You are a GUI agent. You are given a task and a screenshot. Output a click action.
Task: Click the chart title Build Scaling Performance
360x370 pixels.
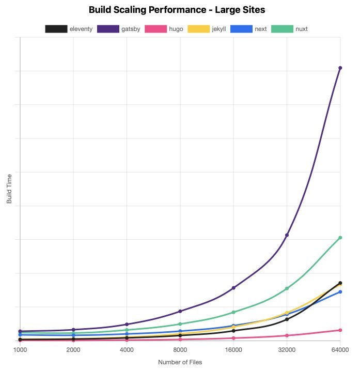click(x=180, y=10)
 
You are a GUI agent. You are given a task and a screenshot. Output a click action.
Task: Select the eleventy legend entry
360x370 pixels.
click(x=69, y=29)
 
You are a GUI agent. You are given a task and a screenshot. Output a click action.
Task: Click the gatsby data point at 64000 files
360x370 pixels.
click(x=340, y=68)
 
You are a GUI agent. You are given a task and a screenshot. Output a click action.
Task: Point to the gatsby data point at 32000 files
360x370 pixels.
click(x=287, y=235)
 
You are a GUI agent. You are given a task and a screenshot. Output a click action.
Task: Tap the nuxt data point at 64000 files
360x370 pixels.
click(x=340, y=238)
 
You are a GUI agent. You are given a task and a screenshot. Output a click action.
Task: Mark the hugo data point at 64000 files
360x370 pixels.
click(x=340, y=330)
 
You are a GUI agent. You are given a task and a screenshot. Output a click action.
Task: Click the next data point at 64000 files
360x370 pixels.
click(x=340, y=292)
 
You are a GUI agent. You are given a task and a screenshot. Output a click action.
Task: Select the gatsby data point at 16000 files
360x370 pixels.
click(x=233, y=288)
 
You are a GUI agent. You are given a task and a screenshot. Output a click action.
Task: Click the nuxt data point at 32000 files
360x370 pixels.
click(x=287, y=289)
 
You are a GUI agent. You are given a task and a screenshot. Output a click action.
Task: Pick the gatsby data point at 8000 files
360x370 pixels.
click(x=180, y=311)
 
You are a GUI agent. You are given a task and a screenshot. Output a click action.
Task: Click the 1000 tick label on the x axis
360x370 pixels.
click(x=20, y=350)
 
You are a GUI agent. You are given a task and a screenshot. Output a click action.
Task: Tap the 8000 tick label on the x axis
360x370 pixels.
click(x=180, y=350)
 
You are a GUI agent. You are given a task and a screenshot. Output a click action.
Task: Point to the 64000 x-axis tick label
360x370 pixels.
click(x=339, y=350)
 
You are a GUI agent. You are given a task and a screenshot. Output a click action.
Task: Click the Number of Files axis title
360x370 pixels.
click(x=180, y=362)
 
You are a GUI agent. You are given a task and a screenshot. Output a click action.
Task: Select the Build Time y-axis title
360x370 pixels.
click(x=9, y=189)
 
